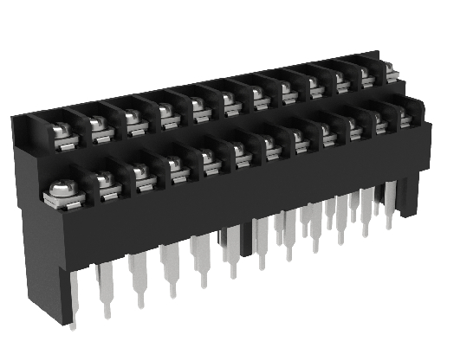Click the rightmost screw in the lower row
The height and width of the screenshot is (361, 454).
405,113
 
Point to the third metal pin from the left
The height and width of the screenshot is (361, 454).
137,277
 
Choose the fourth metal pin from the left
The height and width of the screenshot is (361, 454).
167,267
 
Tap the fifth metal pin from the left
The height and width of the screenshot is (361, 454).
201,260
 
